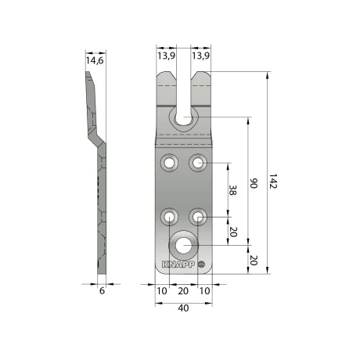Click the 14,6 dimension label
[95, 60]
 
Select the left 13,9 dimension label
[166, 56]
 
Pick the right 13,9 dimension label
[200, 56]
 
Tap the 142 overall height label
[273, 181]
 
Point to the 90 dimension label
[254, 183]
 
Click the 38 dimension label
[232, 190]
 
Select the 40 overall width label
[183, 308]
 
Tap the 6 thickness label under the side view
[102, 290]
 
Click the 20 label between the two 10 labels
[183, 290]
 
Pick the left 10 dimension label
[162, 290]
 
